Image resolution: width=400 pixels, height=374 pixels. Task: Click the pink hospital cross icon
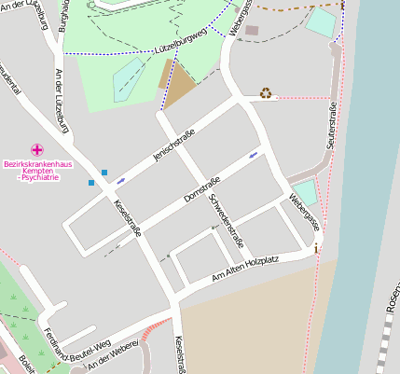point(37,149)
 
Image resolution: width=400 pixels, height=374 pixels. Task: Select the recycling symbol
point(266,92)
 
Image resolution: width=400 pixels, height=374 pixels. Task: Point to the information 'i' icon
point(317,247)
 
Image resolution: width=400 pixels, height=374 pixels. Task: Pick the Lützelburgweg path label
point(179,47)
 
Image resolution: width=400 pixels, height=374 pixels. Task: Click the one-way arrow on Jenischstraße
point(120,180)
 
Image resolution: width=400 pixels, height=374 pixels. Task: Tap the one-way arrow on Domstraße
point(254,154)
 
